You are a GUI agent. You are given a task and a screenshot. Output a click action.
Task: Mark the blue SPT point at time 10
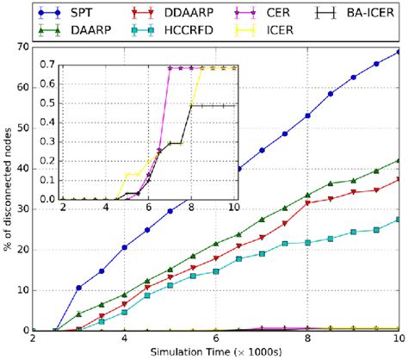point(399,52)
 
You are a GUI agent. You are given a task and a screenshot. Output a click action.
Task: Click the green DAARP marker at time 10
point(399,160)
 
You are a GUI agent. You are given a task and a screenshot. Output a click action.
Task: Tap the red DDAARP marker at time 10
point(399,179)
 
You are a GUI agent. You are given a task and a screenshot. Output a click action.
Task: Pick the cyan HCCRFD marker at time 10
point(399,219)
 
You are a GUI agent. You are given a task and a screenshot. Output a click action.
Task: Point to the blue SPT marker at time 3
point(79,288)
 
